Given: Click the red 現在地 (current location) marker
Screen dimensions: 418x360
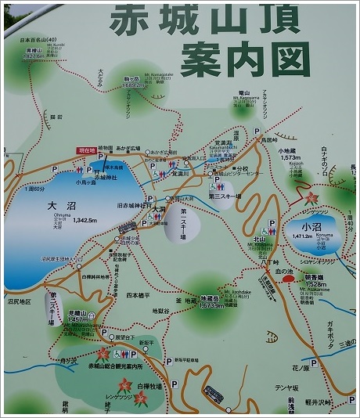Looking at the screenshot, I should click(x=85, y=150).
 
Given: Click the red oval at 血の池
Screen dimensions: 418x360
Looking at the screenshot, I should click(x=289, y=277).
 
